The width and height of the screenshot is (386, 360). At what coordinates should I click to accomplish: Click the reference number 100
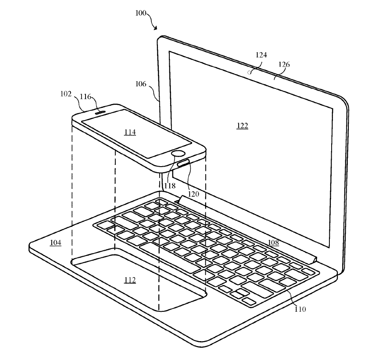point(141,13)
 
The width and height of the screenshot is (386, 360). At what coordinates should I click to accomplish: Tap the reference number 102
point(67,94)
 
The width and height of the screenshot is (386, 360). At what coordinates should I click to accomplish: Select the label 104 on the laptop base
point(55,242)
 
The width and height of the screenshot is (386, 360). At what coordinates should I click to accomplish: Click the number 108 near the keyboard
point(273,242)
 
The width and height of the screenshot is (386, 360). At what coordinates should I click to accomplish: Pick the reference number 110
point(300,309)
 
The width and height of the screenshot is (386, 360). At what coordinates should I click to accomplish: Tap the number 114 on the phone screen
point(130,132)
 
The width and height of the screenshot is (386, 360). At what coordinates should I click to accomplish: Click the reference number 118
point(169,186)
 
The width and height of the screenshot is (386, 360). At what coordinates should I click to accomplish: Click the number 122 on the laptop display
point(242,126)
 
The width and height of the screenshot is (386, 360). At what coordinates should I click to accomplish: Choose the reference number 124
point(261,55)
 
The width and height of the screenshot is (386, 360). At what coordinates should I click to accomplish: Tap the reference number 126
point(284,64)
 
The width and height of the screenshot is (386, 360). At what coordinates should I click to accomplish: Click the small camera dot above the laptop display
point(250,72)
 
